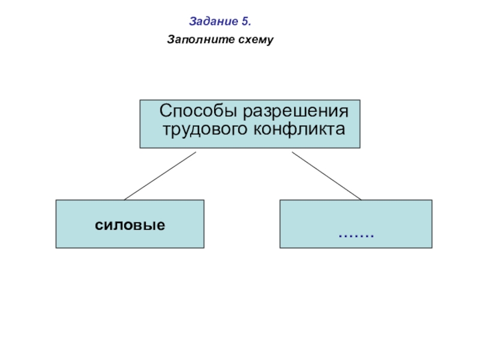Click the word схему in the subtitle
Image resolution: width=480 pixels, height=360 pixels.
pos(256,41)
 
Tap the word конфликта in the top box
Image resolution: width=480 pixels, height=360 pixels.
pos(299,129)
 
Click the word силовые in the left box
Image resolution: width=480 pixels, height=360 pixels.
pos(130,225)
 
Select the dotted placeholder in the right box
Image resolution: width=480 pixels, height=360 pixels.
pos(356,233)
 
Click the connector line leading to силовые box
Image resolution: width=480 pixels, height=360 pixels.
pos(160,175)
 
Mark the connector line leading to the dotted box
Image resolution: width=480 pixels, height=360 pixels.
pos(326,175)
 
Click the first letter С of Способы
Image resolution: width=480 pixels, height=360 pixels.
pos(164,112)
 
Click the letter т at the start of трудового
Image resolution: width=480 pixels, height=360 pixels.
pos(167,129)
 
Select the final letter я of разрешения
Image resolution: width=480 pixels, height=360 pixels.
pos(344,112)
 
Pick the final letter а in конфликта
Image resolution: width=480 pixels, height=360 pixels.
pos(341,129)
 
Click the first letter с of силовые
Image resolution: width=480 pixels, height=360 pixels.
pos(98,225)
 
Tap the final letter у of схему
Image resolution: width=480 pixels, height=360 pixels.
pos(271,41)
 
